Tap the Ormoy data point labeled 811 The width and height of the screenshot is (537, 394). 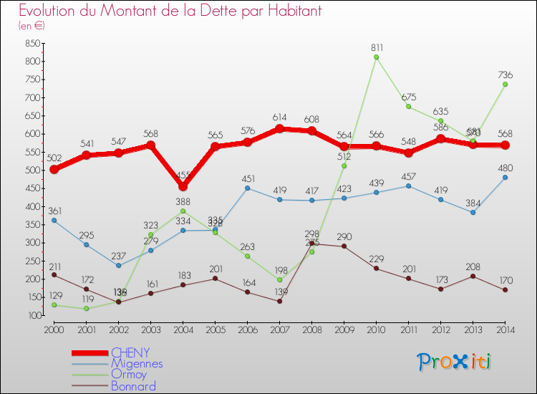click(x=377, y=57)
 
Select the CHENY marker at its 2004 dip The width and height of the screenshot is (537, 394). click(x=183, y=186)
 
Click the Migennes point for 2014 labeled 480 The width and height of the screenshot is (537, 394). click(x=505, y=177)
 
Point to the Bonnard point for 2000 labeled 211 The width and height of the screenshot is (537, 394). click(x=54, y=275)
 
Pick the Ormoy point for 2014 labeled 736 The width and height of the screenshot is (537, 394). click(x=505, y=85)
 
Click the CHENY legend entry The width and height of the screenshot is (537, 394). click(x=130, y=352)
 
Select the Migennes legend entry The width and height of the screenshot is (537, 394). click(x=137, y=363)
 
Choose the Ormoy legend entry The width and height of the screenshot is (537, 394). click(x=129, y=375)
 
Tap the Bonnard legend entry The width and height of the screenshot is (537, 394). click(x=133, y=386)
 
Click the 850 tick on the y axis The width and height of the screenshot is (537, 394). click(x=31, y=43)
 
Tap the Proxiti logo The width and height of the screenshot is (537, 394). click(x=455, y=362)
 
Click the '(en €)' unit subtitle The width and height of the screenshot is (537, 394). click(x=32, y=26)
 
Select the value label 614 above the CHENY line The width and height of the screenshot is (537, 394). click(x=280, y=117)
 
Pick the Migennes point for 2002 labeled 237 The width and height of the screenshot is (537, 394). click(x=118, y=265)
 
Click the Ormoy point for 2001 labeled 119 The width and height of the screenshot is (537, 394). click(x=86, y=309)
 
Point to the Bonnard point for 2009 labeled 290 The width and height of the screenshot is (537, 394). click(x=344, y=246)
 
